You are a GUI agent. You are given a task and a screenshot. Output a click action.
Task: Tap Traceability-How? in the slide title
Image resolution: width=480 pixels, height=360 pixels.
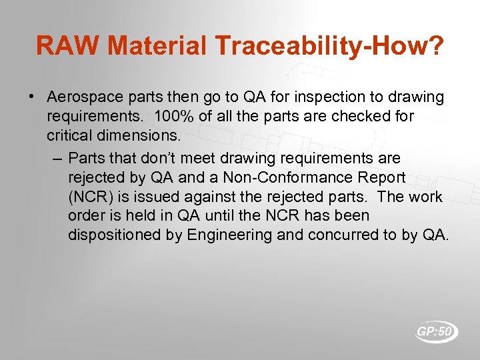point(328,46)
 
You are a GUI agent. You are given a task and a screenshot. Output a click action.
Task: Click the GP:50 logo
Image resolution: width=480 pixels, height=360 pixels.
point(437,331)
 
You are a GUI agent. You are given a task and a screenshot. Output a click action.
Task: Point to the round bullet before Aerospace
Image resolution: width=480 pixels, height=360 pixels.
point(32,97)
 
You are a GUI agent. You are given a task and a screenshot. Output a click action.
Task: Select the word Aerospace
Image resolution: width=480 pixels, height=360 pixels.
point(81,97)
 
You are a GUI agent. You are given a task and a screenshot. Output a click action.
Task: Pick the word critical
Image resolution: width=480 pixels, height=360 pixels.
point(68,136)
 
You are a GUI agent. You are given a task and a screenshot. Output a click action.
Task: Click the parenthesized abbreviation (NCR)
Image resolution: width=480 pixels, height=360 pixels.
point(90,197)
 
